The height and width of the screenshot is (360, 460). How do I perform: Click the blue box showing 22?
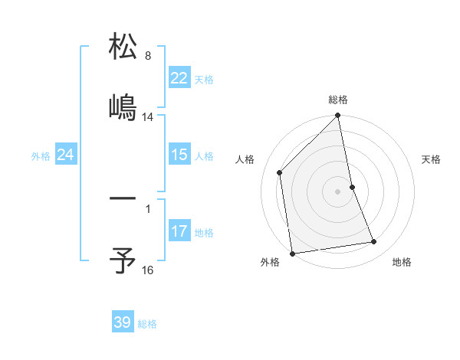(x=179, y=78)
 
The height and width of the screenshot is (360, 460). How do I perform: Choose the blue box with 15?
(x=179, y=155)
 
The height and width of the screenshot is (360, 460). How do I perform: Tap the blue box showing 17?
(x=179, y=231)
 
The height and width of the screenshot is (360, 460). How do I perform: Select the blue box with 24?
(x=65, y=155)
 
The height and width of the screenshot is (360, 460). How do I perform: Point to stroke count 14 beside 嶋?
(x=148, y=117)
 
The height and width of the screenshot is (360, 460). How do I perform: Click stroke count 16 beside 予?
(x=148, y=270)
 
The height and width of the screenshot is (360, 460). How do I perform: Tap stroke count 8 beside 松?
(x=147, y=56)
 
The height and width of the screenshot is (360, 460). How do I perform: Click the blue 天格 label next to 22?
(x=203, y=79)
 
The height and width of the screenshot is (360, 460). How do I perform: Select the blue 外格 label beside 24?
(x=41, y=156)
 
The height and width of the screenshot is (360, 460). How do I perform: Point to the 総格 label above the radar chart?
(x=338, y=100)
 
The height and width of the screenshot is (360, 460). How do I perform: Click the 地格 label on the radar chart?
(x=402, y=262)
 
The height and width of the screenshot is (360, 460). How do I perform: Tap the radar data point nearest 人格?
(x=280, y=172)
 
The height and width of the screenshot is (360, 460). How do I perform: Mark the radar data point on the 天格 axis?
(x=352, y=187)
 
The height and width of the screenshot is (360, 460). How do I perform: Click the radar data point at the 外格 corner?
(x=292, y=253)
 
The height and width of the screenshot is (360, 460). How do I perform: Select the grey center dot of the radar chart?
(x=338, y=191)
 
